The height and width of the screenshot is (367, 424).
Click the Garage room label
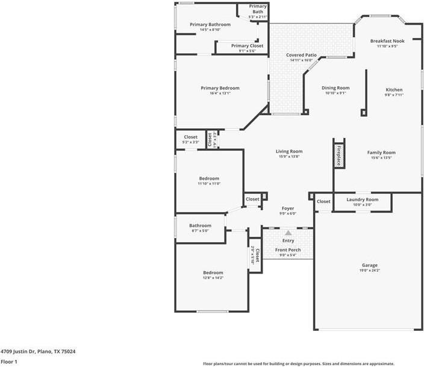point(369,265)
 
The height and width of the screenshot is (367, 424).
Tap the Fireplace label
point(338,155)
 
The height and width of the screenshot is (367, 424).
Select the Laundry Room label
point(362,199)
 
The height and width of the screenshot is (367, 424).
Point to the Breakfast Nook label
point(387,41)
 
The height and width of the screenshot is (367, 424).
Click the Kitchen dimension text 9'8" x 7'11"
point(394,95)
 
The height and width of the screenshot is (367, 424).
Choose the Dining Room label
point(335,88)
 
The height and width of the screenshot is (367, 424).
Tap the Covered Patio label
point(301,55)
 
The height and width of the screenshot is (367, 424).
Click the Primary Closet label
point(247,46)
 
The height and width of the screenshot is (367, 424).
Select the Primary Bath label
point(258,9)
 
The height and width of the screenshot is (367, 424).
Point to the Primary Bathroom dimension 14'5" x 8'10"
point(205,30)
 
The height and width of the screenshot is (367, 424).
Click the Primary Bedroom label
point(220,88)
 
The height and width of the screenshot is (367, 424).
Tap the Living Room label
point(289,151)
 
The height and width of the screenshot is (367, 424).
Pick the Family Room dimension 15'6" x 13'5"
point(381,158)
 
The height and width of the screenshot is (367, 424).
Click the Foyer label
point(288,209)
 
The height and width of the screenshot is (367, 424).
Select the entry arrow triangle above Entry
point(288,232)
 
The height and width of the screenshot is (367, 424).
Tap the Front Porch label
point(288,249)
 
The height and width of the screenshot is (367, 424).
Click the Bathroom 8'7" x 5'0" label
point(200,225)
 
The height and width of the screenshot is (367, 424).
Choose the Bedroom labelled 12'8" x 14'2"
point(213,272)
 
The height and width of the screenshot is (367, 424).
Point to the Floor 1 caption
point(9,362)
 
